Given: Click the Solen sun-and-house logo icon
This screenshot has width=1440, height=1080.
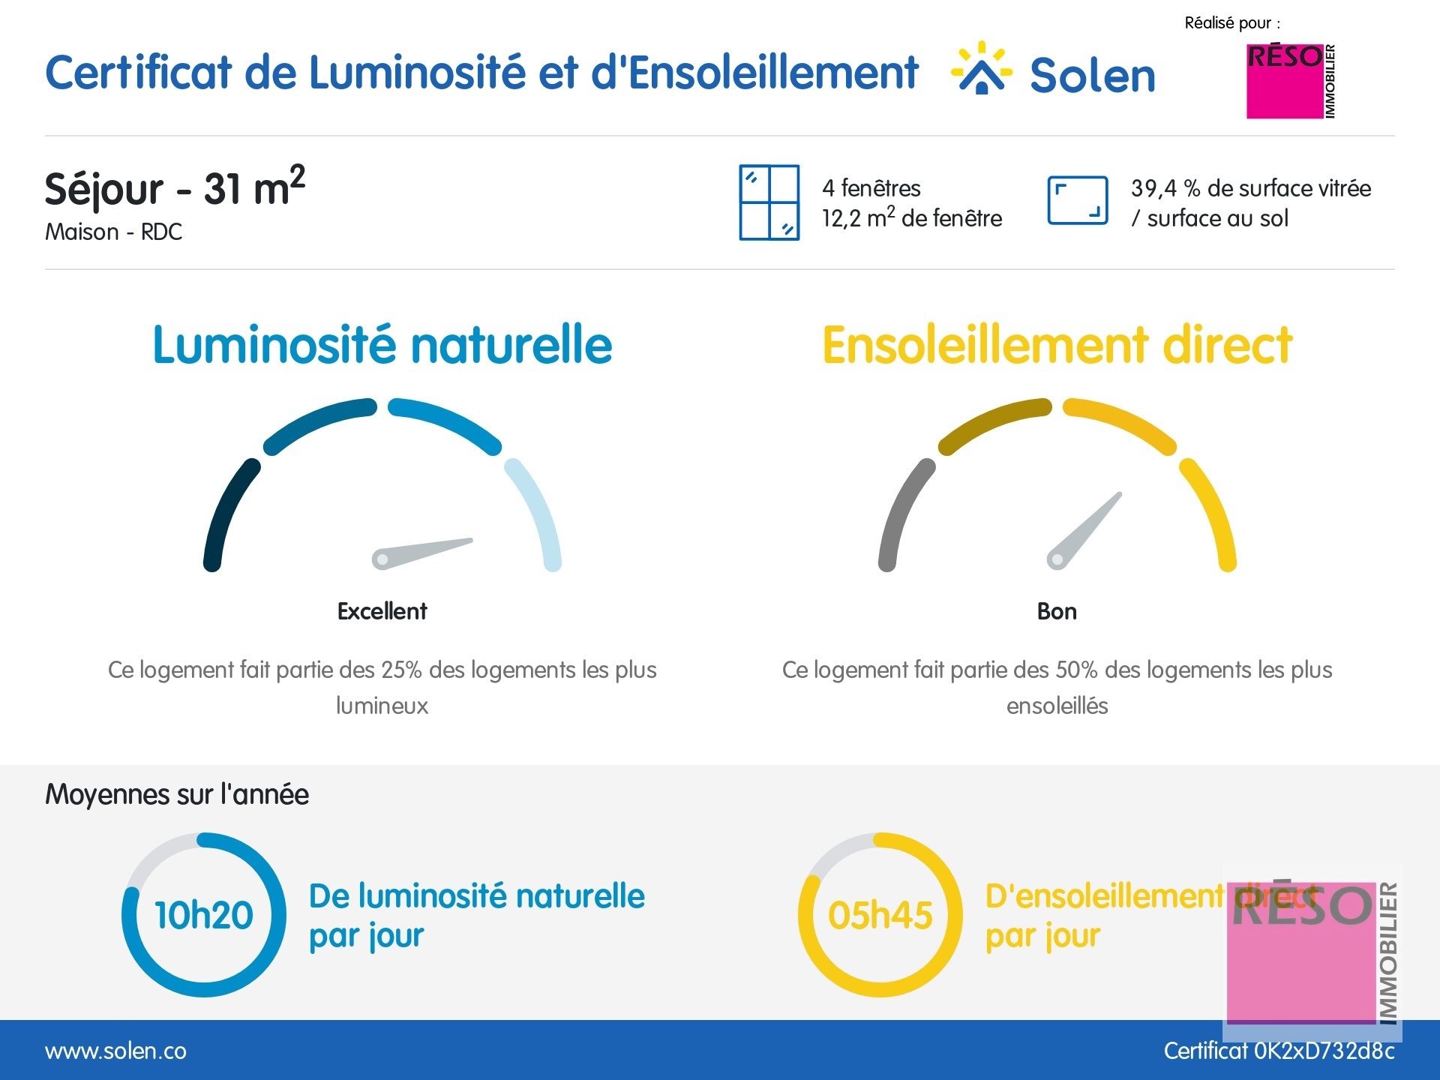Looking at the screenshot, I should tap(981, 69).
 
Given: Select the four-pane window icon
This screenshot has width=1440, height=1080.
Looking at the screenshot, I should tap(769, 202).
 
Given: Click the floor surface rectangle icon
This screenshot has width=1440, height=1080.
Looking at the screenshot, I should tap(1077, 200).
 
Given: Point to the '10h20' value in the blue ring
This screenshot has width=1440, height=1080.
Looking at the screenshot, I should tap(204, 915).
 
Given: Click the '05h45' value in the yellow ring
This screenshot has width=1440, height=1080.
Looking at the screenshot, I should tap(880, 915).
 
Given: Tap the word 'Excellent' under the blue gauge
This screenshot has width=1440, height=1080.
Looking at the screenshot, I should tap(382, 611).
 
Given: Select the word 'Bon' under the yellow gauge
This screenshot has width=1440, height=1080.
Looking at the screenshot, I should tap(1057, 611).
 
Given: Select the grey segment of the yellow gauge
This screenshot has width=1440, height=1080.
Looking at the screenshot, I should tap(903, 514).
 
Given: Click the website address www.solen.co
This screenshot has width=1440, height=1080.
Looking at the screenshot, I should tap(116, 1051).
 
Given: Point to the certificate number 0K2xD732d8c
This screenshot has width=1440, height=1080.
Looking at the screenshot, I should tap(1324, 1051).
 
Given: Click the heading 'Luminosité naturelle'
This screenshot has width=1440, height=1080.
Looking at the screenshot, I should tap(382, 345).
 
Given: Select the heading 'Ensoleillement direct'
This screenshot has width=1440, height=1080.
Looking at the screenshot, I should tap(1057, 345).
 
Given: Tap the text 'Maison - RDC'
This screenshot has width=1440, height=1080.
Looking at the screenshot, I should tap(114, 232).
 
